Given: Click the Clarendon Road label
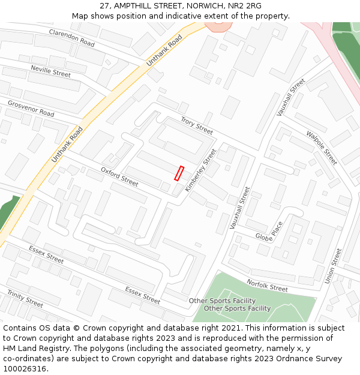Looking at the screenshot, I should (x=71, y=37).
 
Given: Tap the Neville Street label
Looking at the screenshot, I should (x=50, y=71).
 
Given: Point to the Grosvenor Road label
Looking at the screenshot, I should (x=31, y=109).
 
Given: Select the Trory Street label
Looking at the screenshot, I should (x=196, y=125).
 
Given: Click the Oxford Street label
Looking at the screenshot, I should (x=119, y=176).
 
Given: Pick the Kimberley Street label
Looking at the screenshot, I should (x=200, y=170).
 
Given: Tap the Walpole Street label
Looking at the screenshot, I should (x=322, y=148).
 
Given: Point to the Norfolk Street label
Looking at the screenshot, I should (x=267, y=285).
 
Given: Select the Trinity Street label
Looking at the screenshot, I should (x=25, y=298).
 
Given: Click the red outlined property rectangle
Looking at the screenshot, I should (x=178, y=173).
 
